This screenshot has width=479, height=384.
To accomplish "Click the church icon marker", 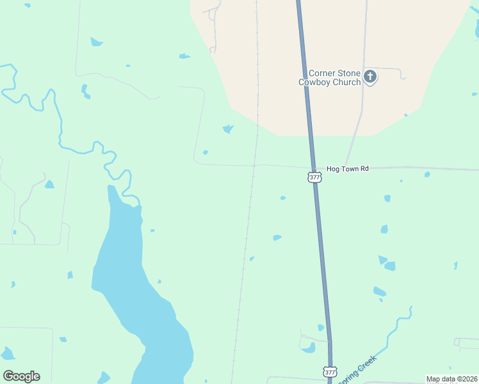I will (369, 77).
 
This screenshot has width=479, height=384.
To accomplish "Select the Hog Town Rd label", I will (348, 169).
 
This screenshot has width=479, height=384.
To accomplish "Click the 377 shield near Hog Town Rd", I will (314, 177).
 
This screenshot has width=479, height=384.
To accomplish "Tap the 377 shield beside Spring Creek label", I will (330, 372).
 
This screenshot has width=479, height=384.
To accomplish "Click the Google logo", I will (21, 376).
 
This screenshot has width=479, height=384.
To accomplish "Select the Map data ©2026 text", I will (451, 379).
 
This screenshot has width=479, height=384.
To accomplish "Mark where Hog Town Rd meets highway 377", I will (313, 168).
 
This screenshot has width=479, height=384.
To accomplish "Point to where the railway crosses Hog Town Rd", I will (254, 166).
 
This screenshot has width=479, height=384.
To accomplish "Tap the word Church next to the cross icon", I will (346, 82).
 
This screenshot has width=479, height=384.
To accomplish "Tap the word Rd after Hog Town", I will (364, 169).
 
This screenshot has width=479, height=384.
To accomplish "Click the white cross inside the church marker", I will (369, 77).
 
